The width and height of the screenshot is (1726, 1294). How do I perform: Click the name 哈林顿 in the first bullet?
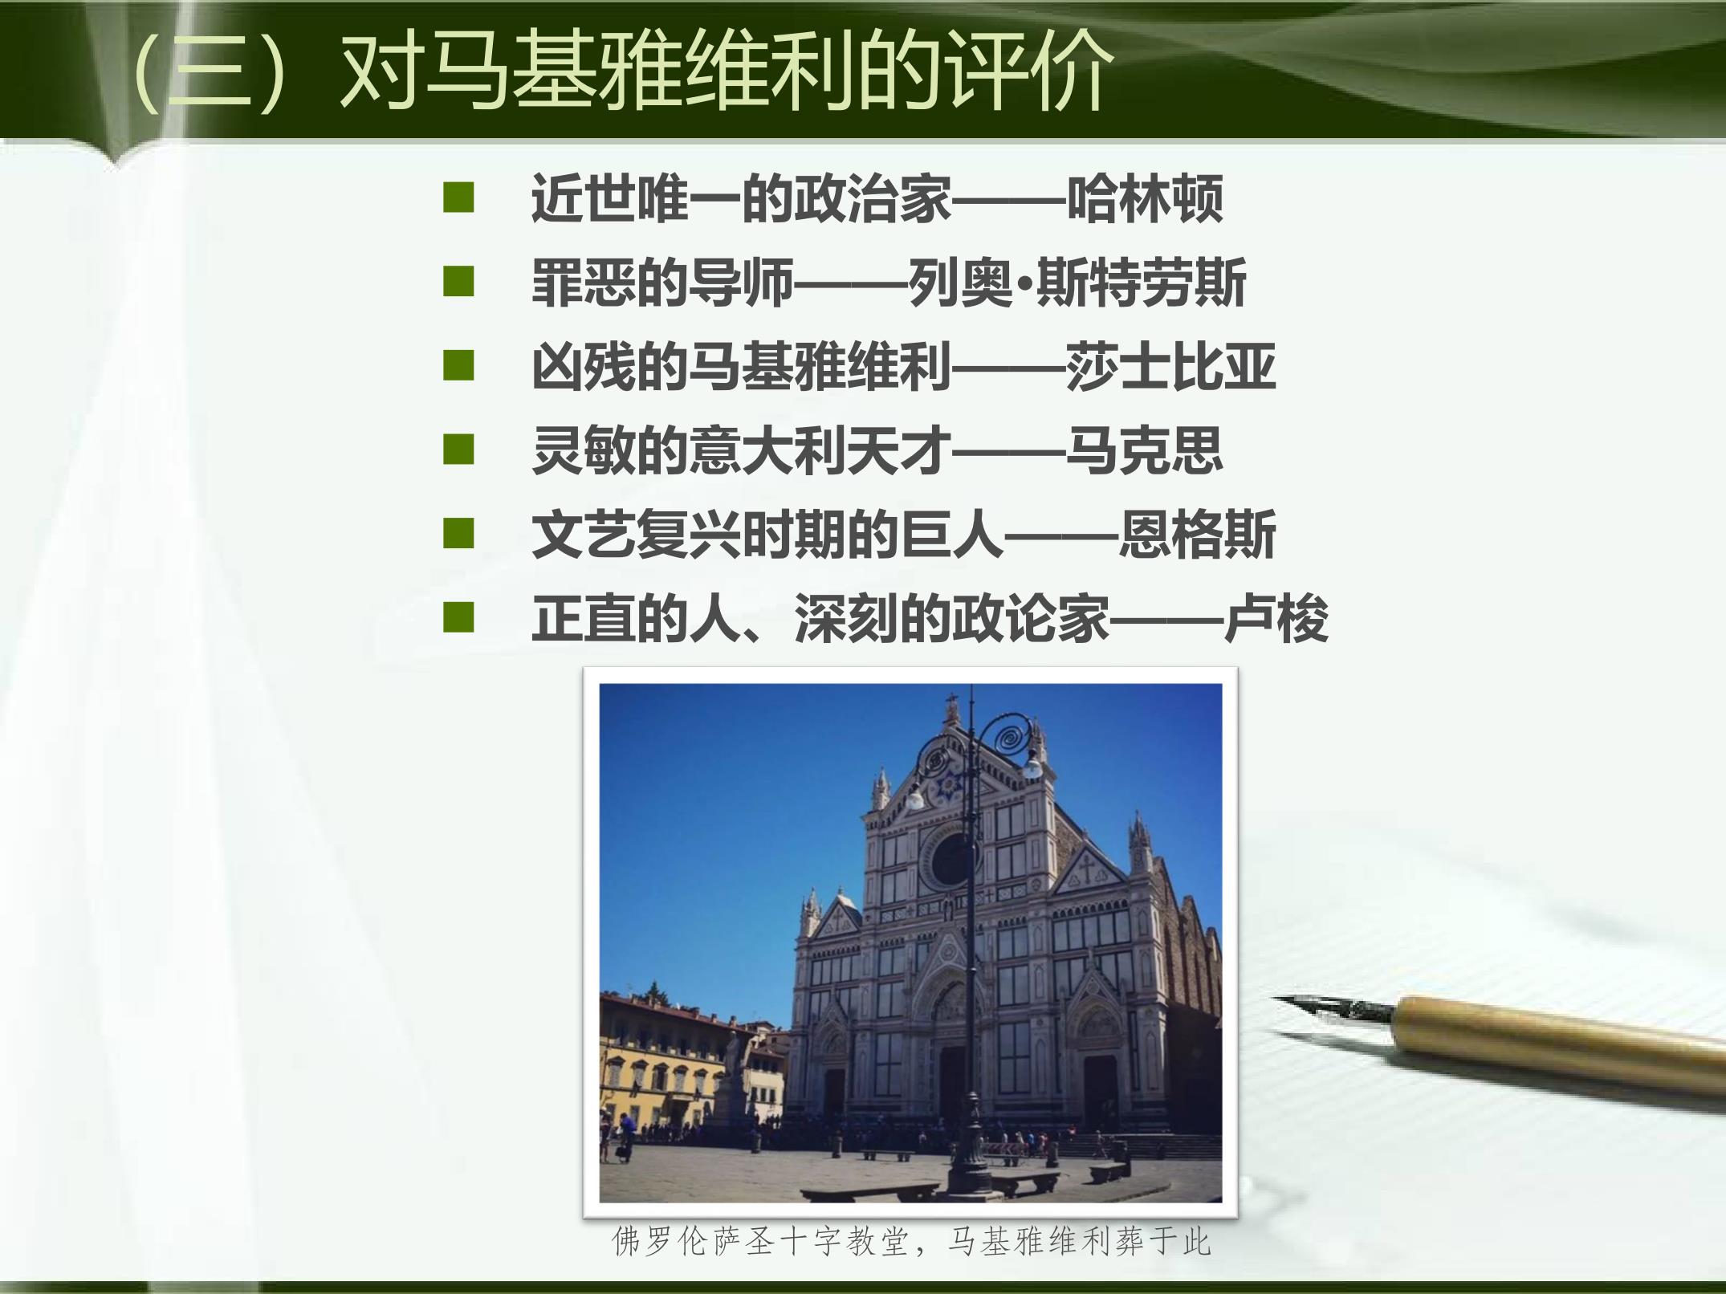click(1145, 199)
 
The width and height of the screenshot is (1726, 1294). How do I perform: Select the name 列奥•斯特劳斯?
click(1077, 283)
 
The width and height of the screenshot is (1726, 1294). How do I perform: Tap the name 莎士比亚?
click(1170, 368)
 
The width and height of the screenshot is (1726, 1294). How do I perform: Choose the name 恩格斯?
click(1197, 535)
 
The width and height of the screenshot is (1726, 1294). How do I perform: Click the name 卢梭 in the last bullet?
click(1276, 619)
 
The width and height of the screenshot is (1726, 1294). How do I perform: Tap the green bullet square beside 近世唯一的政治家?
click(458, 198)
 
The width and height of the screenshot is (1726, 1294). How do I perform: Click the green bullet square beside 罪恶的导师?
click(458, 283)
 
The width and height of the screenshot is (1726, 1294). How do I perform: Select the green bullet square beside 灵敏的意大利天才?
click(458, 450)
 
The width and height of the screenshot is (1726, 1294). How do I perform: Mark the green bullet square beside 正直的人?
click(458, 618)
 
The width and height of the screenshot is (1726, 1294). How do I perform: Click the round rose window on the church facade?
click(951, 858)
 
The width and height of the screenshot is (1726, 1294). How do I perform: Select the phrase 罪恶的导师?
click(662, 283)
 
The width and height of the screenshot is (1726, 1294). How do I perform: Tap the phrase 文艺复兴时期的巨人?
click(767, 535)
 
